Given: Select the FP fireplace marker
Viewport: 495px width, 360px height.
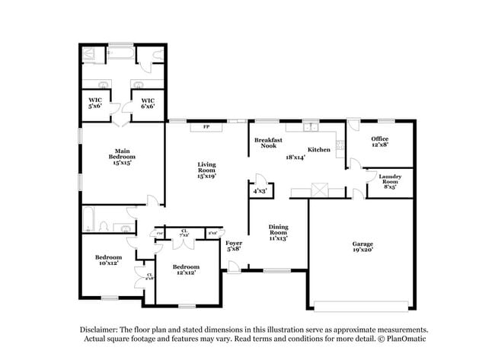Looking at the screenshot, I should pos(206,127).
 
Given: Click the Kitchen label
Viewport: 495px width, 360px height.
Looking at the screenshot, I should pos(318,150).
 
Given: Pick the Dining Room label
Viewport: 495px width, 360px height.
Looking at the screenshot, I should pos(278,231).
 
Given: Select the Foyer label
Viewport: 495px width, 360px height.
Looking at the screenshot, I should pos(234,243).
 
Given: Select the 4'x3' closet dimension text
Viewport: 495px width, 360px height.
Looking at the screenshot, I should pos(260,191).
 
